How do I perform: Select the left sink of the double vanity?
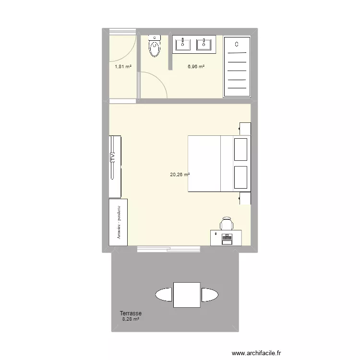[183, 45]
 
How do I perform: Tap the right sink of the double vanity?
[204, 45]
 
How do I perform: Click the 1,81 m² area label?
[123, 67]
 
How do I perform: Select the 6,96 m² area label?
[196, 67]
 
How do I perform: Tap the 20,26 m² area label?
[180, 175]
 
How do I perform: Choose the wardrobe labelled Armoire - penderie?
[118, 223]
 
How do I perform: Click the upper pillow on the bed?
[241, 150]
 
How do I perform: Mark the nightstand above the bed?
[245, 129]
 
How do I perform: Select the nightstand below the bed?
[245, 198]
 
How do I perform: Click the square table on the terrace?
[187, 294]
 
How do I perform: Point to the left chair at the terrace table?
[164, 294]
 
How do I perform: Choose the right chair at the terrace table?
[210, 294]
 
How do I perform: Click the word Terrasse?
[131, 313]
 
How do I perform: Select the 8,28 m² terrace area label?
[131, 319]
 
